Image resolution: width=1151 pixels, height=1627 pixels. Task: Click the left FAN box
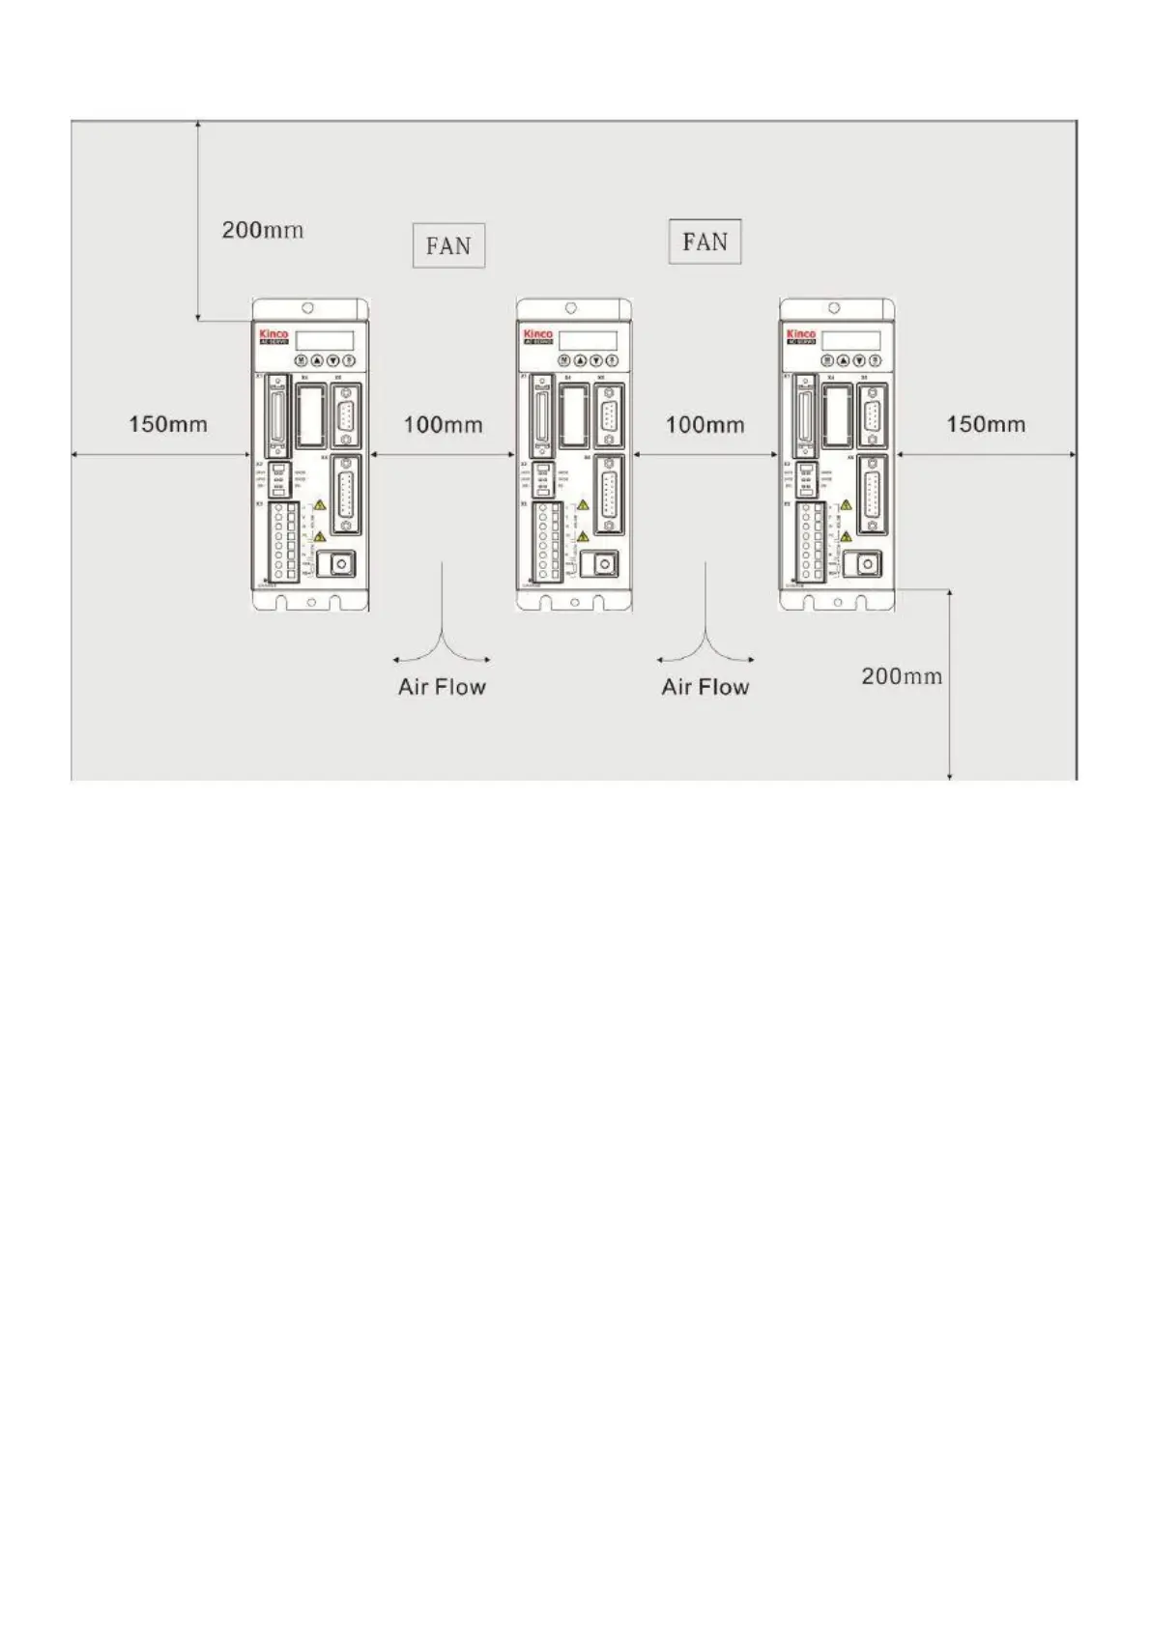(x=448, y=245)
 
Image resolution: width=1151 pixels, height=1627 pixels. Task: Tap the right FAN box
(x=705, y=242)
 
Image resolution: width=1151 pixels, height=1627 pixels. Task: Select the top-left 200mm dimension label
(x=263, y=230)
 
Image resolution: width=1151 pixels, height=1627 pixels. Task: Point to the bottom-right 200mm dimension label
(x=901, y=676)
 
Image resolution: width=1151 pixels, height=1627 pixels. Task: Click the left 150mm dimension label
(x=168, y=424)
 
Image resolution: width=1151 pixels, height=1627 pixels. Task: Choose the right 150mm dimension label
(x=986, y=424)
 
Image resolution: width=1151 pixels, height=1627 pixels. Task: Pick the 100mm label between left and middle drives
(x=443, y=424)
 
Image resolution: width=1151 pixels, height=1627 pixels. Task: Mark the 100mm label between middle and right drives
(x=705, y=424)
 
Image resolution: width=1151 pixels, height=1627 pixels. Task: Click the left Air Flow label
(x=442, y=687)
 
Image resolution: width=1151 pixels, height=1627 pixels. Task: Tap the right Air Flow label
(x=705, y=687)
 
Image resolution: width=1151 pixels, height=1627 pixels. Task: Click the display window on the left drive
(x=324, y=340)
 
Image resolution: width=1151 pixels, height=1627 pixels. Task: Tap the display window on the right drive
(x=851, y=340)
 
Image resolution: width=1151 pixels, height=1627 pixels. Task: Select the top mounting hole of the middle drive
(x=571, y=308)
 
